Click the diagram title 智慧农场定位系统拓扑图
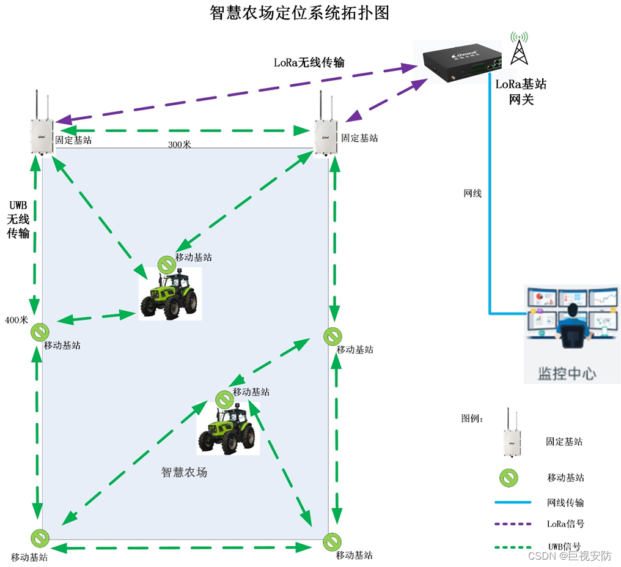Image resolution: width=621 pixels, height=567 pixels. coord(299,13)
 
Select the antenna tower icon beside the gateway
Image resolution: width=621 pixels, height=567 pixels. coord(519,48)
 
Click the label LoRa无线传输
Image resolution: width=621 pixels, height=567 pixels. coord(309,62)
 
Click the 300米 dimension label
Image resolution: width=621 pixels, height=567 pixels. coord(180,144)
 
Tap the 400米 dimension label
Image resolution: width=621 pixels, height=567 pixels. coord(17,320)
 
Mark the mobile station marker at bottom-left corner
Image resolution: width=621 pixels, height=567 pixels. coord(40,538)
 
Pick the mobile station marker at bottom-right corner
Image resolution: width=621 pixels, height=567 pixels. coord(333,542)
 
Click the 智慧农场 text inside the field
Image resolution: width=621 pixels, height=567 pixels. coord(184,472)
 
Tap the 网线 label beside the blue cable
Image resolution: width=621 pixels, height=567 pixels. coord(472,193)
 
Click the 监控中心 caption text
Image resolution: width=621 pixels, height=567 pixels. coord(567,374)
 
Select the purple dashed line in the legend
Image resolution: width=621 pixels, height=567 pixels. coord(513,524)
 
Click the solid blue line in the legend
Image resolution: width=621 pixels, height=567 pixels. coord(513,502)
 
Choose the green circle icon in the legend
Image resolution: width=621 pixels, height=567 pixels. coord(509,478)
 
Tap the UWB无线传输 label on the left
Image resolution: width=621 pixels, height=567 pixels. coord(18,219)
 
